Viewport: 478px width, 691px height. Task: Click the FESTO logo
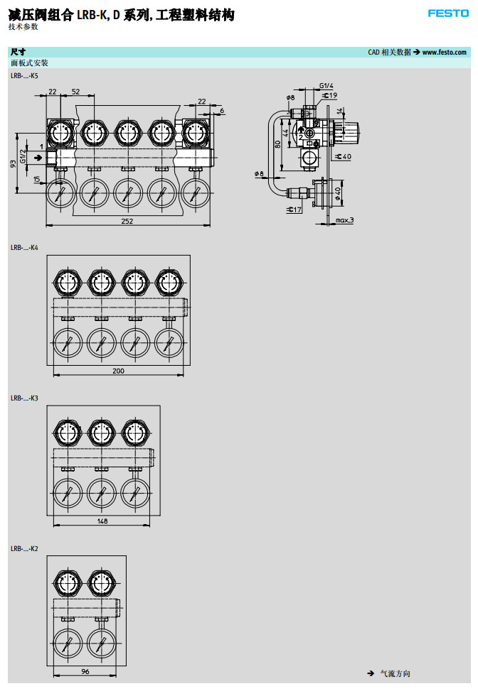click(x=448, y=13)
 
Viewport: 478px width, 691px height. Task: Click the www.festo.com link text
click(x=444, y=53)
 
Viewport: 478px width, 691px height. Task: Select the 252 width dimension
click(x=127, y=222)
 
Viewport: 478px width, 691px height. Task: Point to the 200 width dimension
click(x=118, y=371)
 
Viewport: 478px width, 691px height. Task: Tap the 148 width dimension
click(x=102, y=521)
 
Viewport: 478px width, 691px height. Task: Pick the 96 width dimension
click(x=85, y=672)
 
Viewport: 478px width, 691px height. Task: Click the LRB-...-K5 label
click(x=24, y=76)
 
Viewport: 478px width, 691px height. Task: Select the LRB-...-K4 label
click(x=24, y=248)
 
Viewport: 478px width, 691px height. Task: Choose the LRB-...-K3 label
click(x=24, y=398)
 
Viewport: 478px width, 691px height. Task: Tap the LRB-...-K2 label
click(x=24, y=549)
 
